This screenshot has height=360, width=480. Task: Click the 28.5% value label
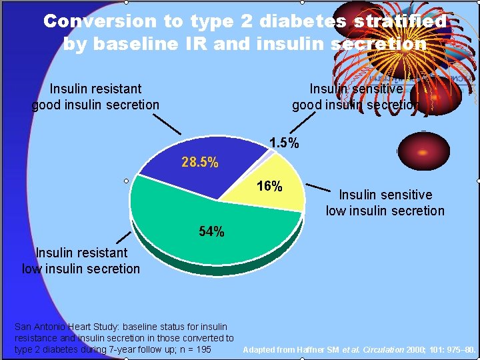click(x=199, y=163)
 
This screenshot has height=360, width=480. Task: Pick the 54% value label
click(x=212, y=232)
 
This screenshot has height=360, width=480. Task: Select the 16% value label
click(x=269, y=186)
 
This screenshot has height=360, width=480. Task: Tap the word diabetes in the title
click(x=303, y=21)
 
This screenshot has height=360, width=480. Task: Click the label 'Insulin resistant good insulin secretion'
click(x=95, y=97)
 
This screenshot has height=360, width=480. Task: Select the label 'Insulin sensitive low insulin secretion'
click(x=385, y=203)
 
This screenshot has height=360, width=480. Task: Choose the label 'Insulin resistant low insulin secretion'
click(x=81, y=261)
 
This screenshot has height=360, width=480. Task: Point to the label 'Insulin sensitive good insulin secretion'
click(x=356, y=97)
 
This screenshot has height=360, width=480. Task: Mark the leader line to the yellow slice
click(x=321, y=187)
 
